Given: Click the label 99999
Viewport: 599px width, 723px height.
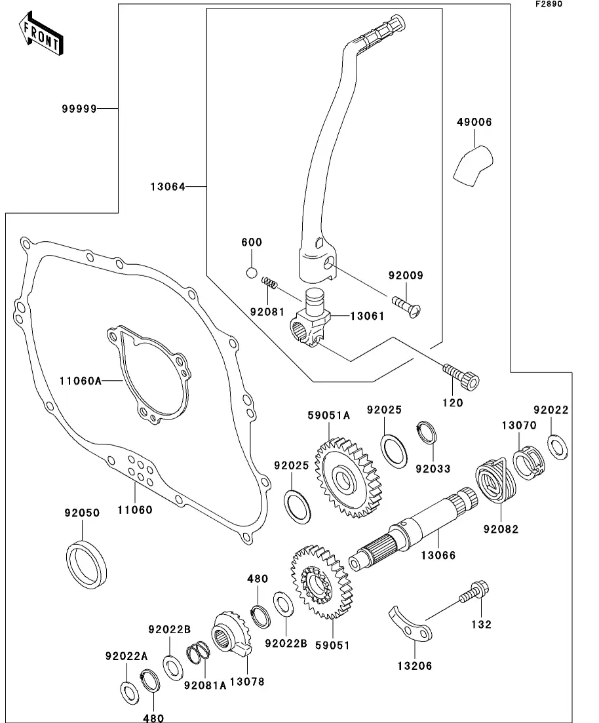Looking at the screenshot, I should point(81,109).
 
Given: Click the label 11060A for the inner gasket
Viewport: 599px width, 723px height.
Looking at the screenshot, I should point(81,380).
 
